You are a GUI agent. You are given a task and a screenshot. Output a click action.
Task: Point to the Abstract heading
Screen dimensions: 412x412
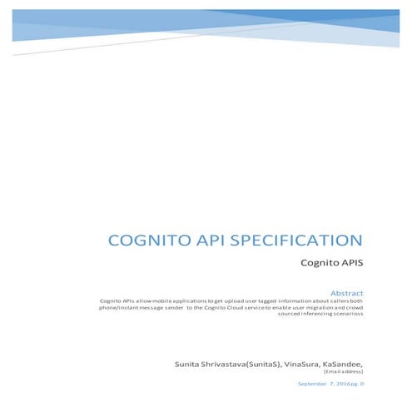tap(347, 293)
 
